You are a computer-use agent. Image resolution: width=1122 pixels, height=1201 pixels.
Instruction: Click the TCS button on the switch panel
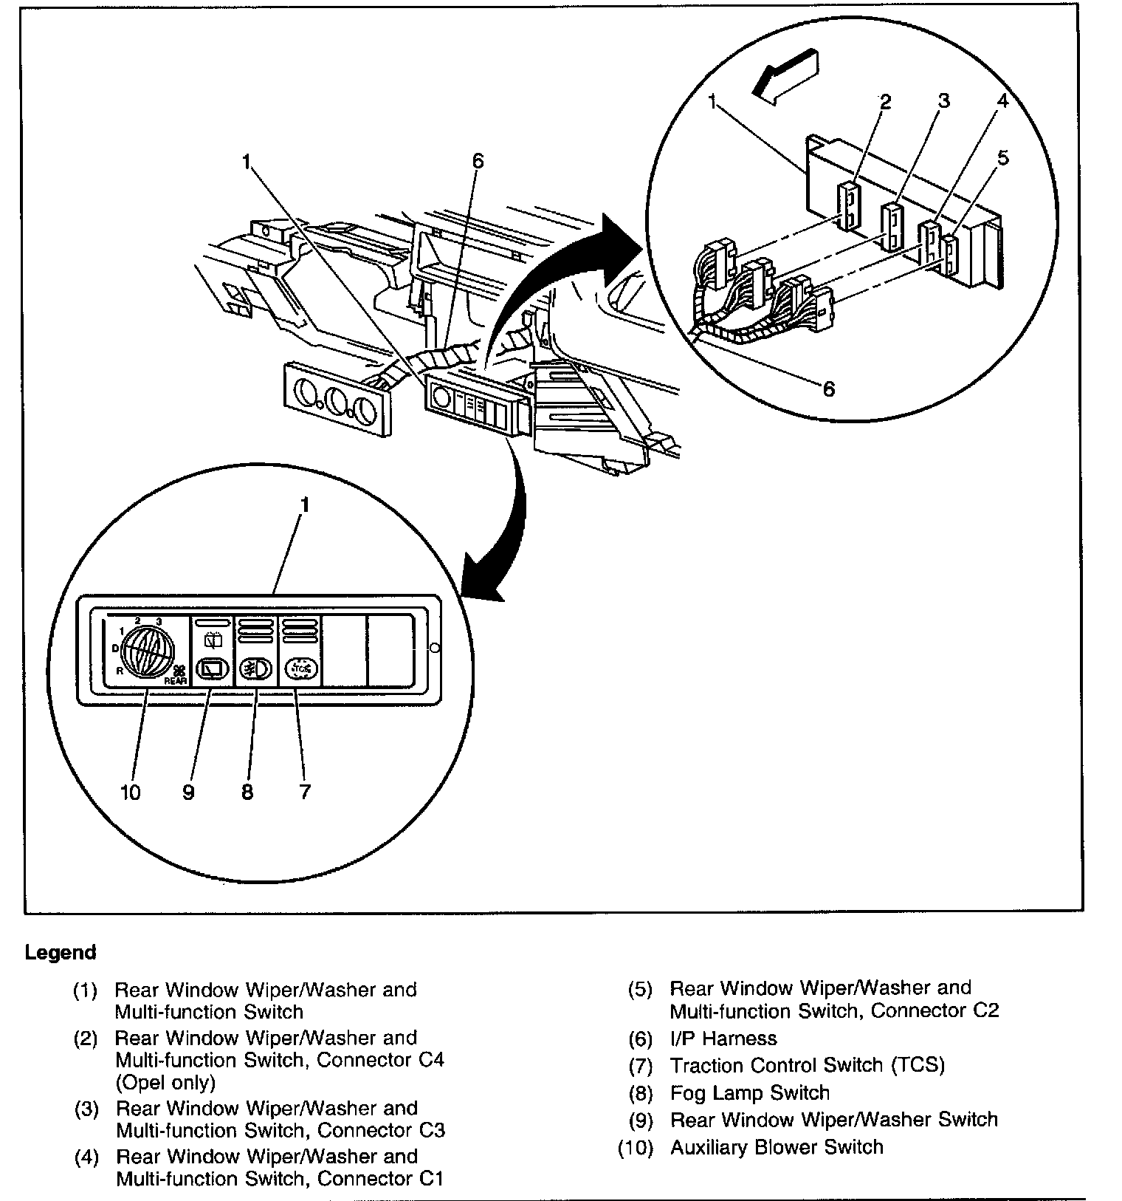pos(300,668)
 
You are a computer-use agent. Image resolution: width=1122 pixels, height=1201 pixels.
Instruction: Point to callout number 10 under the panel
pos(130,793)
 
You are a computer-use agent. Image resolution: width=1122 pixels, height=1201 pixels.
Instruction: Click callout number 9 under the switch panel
pos(188,793)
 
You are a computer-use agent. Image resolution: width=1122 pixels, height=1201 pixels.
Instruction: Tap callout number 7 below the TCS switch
pos(304,793)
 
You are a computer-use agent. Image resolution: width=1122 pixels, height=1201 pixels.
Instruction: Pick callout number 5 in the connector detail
pos(1002,158)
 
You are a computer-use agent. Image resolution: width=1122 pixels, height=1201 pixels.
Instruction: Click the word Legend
pos(61,953)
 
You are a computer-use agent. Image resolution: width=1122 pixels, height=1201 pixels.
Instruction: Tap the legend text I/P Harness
pos(723,1039)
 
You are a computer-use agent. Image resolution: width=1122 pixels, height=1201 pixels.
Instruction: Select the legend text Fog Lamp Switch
pos(749,1092)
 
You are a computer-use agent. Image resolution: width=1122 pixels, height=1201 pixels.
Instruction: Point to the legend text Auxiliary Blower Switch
pos(777,1147)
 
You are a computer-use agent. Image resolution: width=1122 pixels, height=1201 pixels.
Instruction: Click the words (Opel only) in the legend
pos(165,1083)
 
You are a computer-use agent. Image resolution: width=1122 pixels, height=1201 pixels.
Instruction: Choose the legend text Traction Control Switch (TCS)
pos(807,1065)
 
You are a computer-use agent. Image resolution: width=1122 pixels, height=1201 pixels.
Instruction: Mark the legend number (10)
pos(636,1148)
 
